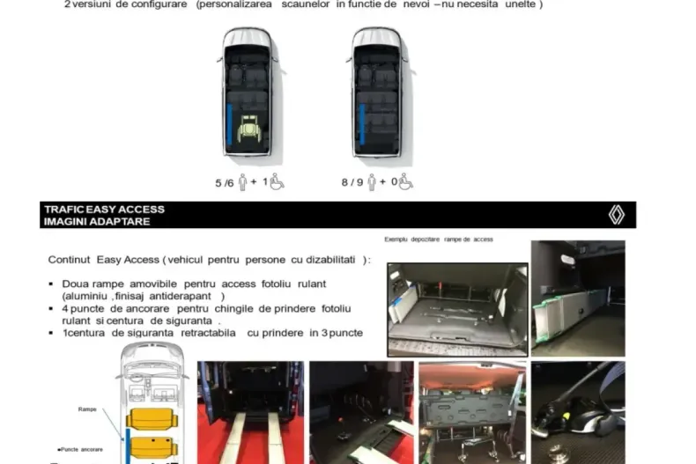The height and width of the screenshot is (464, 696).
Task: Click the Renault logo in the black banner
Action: click(616, 215)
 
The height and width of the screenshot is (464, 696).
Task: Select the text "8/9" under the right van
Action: click(352, 183)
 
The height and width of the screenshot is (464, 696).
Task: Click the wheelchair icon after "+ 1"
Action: click(277, 182)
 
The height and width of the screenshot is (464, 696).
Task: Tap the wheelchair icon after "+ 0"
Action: click(405, 182)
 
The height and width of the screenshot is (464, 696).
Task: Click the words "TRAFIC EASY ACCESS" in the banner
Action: click(104, 210)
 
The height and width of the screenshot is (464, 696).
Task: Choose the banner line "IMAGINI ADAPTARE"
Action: click(96, 221)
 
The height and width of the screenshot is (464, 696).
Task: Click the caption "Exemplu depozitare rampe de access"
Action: click(439, 239)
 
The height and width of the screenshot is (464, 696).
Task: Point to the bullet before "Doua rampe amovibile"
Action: click(52, 284)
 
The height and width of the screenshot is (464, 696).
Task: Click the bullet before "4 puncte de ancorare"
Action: click(52, 309)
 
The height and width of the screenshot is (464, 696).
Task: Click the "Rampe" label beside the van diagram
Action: click(88, 409)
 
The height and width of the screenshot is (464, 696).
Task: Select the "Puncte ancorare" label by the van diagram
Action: click(81, 448)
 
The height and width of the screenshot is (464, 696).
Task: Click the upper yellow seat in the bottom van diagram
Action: click(147, 419)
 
